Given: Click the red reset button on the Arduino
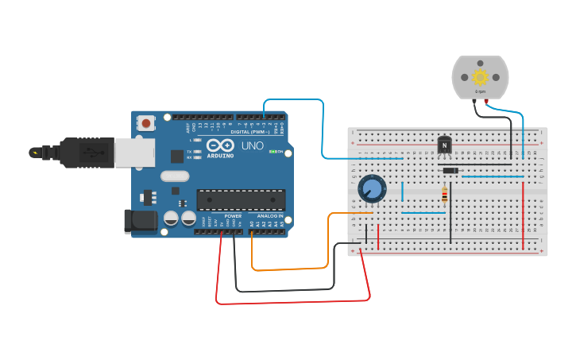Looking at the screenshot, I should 146,123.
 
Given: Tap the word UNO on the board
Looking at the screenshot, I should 252,146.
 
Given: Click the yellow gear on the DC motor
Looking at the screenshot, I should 480,77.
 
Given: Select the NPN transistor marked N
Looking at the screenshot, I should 444,146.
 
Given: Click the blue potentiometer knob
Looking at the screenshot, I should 371,189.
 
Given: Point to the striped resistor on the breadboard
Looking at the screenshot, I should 444,193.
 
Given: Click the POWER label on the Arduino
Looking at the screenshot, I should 233,216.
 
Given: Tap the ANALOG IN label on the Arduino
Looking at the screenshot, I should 267,216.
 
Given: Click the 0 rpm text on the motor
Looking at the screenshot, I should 480,92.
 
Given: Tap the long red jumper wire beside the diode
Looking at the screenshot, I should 524,216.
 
